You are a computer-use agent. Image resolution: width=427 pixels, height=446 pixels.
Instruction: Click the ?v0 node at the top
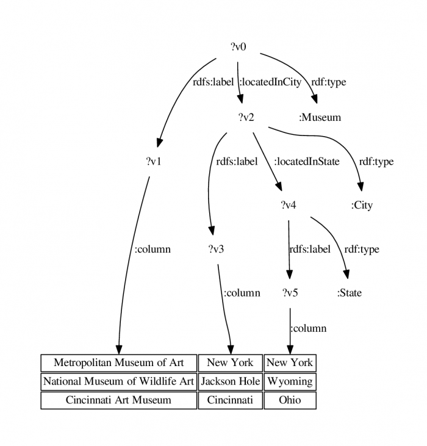(x=239, y=46)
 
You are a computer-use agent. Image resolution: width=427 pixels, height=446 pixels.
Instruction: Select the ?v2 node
(x=246, y=117)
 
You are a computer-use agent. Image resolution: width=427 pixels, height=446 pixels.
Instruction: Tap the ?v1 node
(x=154, y=161)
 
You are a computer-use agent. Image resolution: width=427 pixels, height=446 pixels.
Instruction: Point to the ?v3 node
(x=216, y=249)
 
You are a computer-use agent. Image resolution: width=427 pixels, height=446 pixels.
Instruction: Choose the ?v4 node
(x=289, y=205)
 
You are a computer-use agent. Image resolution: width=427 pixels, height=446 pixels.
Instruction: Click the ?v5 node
(x=290, y=293)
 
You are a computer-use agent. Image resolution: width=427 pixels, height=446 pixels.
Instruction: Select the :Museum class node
(x=320, y=117)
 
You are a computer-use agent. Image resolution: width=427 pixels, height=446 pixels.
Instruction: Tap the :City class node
(x=362, y=205)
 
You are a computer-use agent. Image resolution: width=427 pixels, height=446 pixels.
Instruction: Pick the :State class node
(x=350, y=293)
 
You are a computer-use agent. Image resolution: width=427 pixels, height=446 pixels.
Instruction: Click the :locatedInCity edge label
(x=270, y=82)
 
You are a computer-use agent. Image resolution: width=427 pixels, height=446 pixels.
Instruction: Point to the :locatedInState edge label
(x=307, y=162)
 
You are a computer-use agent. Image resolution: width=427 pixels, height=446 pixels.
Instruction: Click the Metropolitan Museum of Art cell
(x=119, y=363)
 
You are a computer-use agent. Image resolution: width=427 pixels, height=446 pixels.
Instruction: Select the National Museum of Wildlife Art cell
(x=119, y=381)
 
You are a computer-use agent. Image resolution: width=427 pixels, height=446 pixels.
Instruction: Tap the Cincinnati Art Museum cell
(x=119, y=400)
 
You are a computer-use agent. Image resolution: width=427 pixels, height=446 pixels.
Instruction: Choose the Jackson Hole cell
(x=230, y=381)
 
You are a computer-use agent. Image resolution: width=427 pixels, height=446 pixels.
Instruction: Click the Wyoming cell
(x=290, y=381)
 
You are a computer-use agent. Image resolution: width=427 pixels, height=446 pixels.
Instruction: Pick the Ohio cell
(x=290, y=400)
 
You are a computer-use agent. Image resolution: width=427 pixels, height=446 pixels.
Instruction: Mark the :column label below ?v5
(x=309, y=328)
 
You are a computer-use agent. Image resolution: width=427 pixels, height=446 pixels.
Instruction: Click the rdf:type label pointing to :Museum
(x=329, y=82)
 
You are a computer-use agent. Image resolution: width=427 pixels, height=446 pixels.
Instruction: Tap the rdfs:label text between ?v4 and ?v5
(x=310, y=249)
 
